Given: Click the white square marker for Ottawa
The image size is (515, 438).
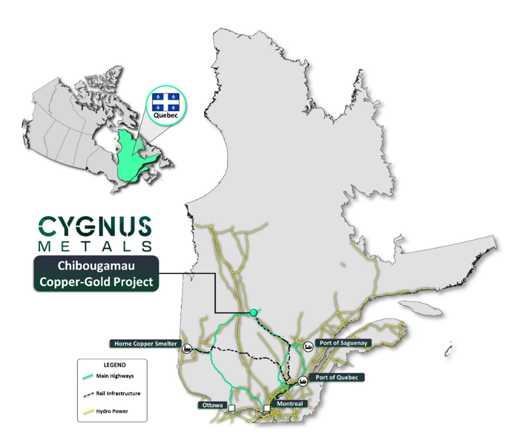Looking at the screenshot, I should tap(232, 408).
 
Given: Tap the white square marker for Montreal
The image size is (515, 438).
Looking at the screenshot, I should tap(267, 408).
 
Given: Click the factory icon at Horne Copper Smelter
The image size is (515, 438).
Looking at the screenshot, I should tap(188, 349).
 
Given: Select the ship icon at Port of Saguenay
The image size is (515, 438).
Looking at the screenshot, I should tap(309, 346).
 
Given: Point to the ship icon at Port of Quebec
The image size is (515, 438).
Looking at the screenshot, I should tap(303, 381).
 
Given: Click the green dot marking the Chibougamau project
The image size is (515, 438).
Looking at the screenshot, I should tap(253, 312).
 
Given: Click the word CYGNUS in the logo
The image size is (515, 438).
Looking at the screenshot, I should tap(95, 227).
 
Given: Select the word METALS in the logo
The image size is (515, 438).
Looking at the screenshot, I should tap(95, 246).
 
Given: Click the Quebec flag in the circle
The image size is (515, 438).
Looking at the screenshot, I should tap(164, 102).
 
